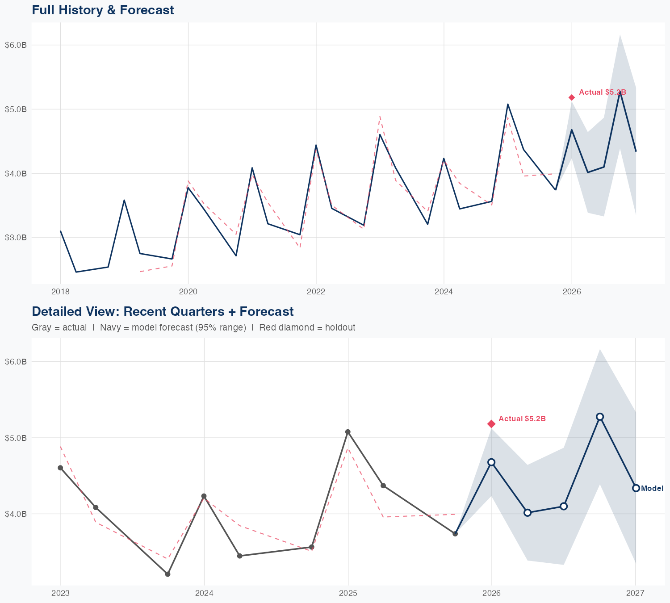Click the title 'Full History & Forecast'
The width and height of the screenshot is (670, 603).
point(103,10)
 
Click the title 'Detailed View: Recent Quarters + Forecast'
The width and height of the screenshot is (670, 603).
point(163,311)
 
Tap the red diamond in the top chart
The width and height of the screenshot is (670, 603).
point(572,97)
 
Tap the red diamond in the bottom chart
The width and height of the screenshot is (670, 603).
point(491,423)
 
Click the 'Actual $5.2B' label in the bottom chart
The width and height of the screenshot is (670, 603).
point(522,419)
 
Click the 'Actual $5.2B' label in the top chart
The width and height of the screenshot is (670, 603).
point(602,92)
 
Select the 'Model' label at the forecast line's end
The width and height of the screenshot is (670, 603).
point(652,489)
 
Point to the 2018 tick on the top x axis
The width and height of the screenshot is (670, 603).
point(60,292)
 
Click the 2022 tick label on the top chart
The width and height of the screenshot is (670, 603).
point(316,292)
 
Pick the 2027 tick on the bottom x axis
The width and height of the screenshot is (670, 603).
point(635,593)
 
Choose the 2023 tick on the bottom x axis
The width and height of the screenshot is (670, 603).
point(60,593)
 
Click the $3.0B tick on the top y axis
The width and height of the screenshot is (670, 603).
point(16,238)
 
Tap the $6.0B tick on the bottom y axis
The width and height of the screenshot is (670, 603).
point(16,362)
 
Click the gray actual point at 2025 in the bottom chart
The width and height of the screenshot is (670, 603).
point(348,432)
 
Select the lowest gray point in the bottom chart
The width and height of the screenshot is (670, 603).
point(167,574)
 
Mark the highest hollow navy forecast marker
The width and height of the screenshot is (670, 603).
point(600,417)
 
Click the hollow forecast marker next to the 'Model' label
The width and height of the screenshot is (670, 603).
point(636,488)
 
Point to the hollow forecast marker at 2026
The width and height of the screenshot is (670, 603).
point(491,462)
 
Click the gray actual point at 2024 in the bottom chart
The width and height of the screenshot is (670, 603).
point(204,496)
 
